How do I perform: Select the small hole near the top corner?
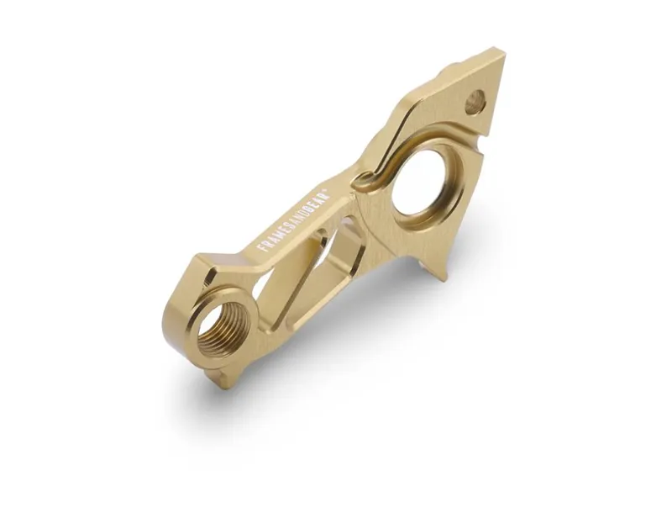point(475,103)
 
